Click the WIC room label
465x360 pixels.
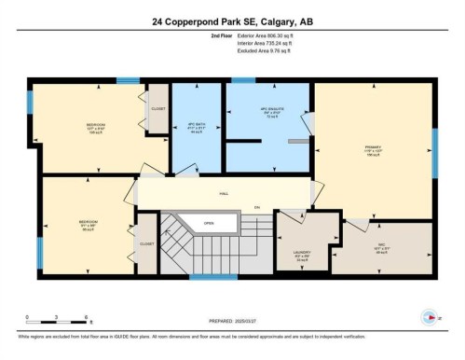pyautogui.click(x=381, y=249)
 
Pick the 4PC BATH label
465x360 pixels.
pyautogui.click(x=196, y=127)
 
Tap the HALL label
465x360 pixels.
pyautogui.click(x=224, y=194)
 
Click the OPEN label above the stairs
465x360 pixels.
pyautogui.click(x=209, y=224)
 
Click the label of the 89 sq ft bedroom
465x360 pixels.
pyautogui.click(x=89, y=224)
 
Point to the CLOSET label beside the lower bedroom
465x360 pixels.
pyautogui.click(x=146, y=243)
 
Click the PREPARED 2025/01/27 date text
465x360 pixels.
pyautogui.click(x=235, y=319)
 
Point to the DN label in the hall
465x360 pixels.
pyautogui.click(x=256, y=207)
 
